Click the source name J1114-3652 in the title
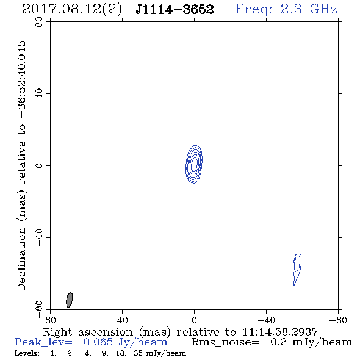click(175, 9)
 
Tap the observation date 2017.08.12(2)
click(72, 10)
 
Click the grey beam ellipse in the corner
click(69, 300)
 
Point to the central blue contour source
click(194, 164)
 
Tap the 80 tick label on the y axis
click(39, 22)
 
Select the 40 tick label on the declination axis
click(39, 94)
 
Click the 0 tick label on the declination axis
click(39, 165)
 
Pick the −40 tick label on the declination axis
click(39, 237)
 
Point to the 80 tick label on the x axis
click(50, 320)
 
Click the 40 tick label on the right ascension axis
click(122, 320)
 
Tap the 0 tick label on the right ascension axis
click(194, 320)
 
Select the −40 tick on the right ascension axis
click(266, 320)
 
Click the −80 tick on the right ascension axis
click(338, 320)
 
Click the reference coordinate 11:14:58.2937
click(280, 332)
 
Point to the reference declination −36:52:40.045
click(22, 79)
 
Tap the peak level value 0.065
click(98, 342)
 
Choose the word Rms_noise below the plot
click(225, 342)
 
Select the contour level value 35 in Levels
click(138, 353)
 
